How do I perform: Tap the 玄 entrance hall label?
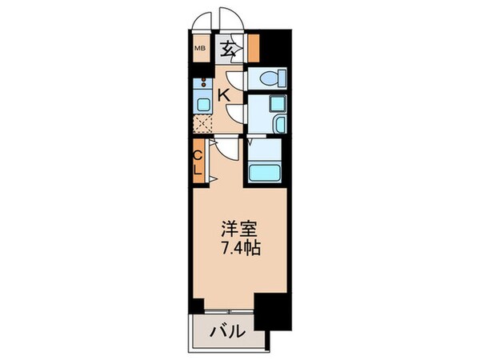pos(229,50)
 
